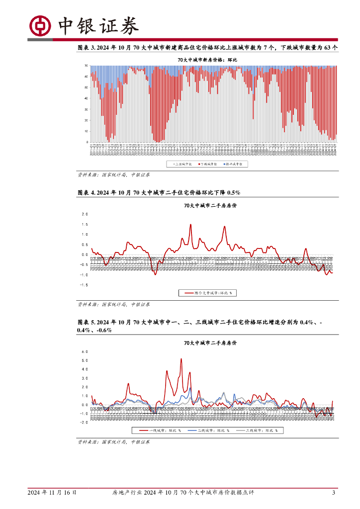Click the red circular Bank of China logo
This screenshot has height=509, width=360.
[40, 26]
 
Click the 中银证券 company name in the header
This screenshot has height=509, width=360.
[98, 26]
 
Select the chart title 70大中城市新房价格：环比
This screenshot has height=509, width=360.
[208, 60]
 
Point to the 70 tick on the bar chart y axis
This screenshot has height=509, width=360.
[86, 66]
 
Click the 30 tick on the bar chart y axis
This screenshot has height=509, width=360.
[86, 109]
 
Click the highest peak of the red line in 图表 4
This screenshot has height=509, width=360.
[190, 224]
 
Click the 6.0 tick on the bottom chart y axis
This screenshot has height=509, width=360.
[85, 351]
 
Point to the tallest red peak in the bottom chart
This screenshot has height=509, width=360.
[181, 359]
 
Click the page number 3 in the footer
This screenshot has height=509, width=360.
[334, 493]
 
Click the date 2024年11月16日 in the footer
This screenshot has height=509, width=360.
[52, 493]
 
